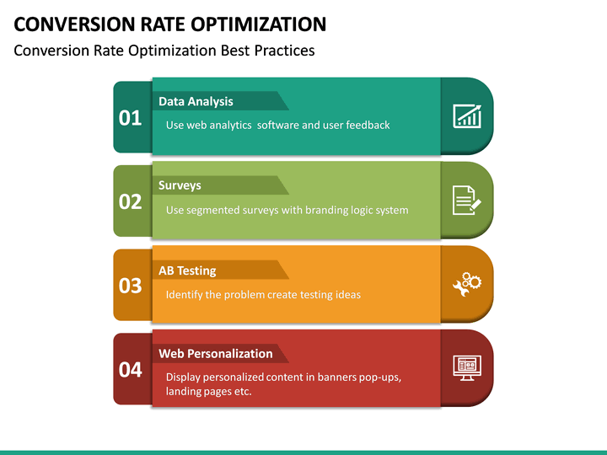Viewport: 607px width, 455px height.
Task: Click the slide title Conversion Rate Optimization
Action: point(169,24)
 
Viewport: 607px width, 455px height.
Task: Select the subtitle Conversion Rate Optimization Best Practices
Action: point(164,51)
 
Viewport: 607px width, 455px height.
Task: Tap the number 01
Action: point(131,118)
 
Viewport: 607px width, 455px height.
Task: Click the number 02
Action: point(131,202)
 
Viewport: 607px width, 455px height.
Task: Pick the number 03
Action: point(131,286)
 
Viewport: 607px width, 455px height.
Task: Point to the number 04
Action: point(131,369)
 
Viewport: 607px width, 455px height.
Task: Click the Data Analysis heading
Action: point(196,101)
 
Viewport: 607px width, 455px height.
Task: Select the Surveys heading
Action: point(180,185)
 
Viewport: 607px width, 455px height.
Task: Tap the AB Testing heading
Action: point(187,270)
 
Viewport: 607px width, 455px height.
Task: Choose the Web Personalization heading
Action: point(215,354)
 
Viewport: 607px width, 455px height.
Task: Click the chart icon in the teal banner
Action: point(467,116)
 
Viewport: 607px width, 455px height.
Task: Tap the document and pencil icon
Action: point(467,201)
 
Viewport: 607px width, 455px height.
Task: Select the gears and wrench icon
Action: point(467,285)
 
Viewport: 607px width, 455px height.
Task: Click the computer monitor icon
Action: point(466,368)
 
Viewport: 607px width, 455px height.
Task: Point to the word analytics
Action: point(230,125)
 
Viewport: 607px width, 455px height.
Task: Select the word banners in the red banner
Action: point(340,377)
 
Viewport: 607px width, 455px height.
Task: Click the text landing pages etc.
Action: point(208,391)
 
